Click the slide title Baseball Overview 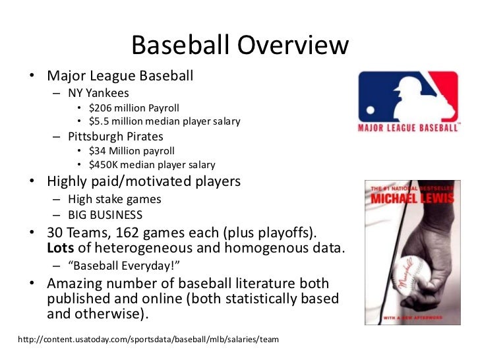click(x=239, y=45)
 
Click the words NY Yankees click(x=98, y=93)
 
